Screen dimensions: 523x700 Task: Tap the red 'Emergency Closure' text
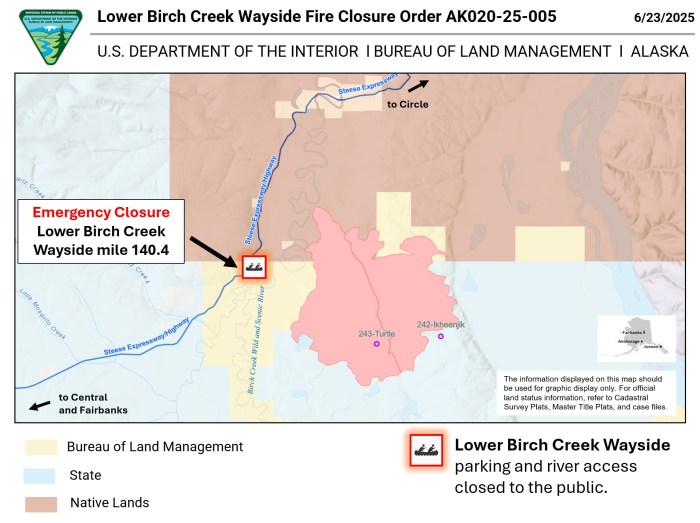tap(101, 212)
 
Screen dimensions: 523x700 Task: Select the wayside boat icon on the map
tap(253, 266)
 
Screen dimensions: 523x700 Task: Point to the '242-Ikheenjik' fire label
tap(442, 325)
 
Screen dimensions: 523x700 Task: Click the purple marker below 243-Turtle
tap(377, 344)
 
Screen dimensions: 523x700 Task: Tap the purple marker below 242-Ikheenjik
tap(440, 336)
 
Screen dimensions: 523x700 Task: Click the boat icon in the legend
tap(425, 451)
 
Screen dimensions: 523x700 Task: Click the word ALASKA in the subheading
tap(659, 51)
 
